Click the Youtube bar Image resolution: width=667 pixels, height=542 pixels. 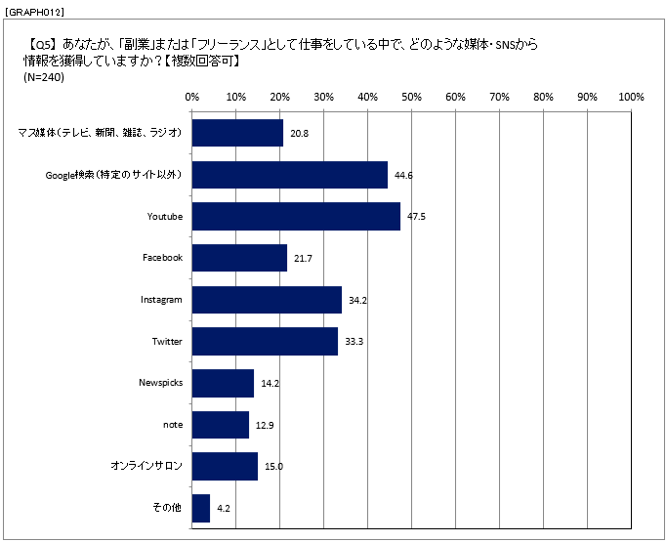[296, 216]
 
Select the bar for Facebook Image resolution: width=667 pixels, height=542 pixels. [239, 258]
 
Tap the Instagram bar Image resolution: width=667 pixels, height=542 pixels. [267, 300]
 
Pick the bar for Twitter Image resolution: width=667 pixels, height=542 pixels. [265, 342]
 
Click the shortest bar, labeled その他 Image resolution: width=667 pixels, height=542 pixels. [201, 508]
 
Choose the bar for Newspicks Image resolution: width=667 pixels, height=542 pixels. [223, 383]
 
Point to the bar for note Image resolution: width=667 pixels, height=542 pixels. [220, 425]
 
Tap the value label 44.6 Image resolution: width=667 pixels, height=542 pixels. [402, 175]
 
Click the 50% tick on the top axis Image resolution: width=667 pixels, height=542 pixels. [411, 97]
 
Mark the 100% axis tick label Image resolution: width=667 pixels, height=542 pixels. [631, 97]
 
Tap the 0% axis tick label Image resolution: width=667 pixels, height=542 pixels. [191, 97]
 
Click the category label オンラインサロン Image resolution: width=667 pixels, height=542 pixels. [146, 467]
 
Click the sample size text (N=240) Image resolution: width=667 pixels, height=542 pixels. [43, 78]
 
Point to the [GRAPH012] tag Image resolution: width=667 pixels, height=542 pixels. [34, 10]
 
